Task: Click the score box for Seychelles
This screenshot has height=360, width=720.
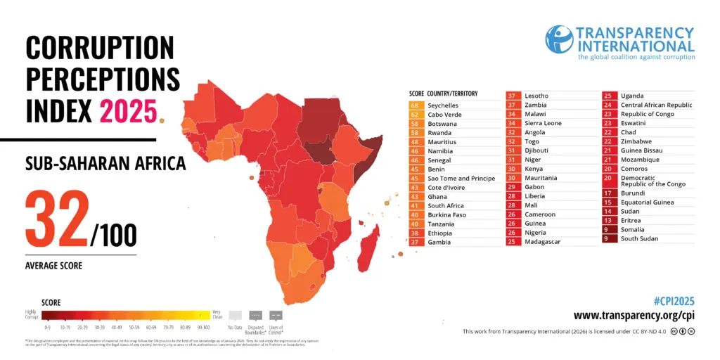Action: coord(415,105)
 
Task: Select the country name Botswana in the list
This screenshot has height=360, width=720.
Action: coord(442,124)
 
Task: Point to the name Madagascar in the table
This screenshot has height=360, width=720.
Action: coord(542,242)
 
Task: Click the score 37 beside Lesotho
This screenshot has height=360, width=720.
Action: coord(512,96)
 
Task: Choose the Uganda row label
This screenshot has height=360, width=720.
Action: coord(632,96)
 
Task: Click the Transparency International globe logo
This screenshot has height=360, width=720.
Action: coord(560,40)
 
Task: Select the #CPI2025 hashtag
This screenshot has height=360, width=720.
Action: coord(674,300)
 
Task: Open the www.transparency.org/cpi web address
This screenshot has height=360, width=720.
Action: coord(634,316)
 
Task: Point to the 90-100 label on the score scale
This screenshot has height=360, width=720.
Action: coord(204,327)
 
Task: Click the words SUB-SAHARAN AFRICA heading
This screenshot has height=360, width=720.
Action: coord(105,164)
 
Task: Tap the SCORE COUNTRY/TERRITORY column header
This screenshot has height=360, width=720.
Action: coord(443,93)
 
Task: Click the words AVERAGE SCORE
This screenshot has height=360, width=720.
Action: coord(54,266)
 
